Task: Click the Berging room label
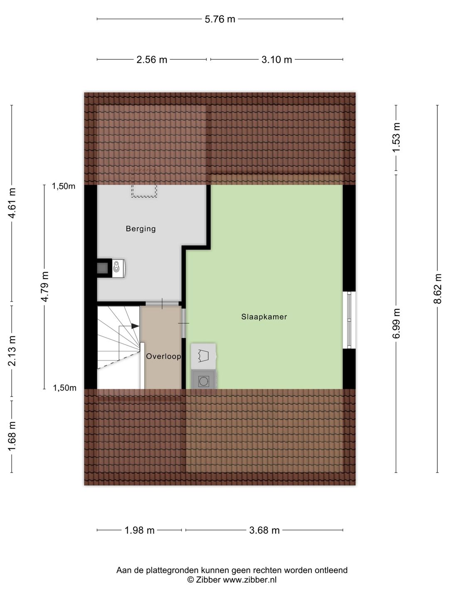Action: (x=141, y=229)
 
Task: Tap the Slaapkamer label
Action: (x=264, y=316)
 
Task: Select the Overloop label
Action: (x=163, y=356)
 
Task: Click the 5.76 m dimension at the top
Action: (x=220, y=20)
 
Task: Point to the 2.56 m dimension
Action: (x=152, y=60)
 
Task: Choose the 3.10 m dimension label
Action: (x=277, y=60)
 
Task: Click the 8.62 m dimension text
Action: (x=437, y=289)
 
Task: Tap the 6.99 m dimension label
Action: (x=396, y=324)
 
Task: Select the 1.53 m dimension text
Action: (x=396, y=137)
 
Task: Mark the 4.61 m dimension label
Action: (x=12, y=203)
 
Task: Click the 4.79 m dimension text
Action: (x=44, y=287)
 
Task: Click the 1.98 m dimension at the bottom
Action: (x=140, y=530)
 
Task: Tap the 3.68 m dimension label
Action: (x=264, y=530)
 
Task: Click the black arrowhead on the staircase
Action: (x=135, y=326)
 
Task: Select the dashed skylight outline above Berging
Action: (x=144, y=183)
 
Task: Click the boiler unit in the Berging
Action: (x=118, y=268)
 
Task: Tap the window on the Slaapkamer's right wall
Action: (x=349, y=320)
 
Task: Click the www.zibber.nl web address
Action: (x=250, y=579)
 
